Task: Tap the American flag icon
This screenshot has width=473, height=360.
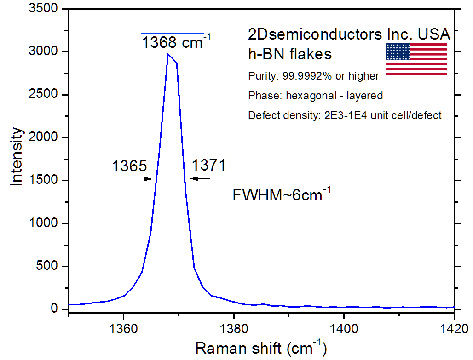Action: pos(416,59)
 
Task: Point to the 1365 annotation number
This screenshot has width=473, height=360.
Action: pos(129,166)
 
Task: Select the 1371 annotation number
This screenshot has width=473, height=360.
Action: pos(208,165)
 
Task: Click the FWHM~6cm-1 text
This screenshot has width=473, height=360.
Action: pos(282,195)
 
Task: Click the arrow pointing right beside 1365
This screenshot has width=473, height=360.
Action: pos(137,179)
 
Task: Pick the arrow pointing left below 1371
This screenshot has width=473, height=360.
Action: pos(200,178)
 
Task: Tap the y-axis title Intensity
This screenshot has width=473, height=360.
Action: pos(17,157)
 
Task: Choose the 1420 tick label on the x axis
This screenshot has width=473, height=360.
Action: pos(454,329)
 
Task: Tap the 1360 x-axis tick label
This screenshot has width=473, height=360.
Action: pos(123,329)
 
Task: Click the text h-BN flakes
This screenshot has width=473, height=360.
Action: pos(290,54)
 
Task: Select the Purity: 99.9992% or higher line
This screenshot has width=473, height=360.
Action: pos(313,76)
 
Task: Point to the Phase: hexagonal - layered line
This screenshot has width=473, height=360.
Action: pos(315,96)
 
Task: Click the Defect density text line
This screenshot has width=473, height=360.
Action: pos(345,115)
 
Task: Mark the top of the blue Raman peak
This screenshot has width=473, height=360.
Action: pos(168,54)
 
